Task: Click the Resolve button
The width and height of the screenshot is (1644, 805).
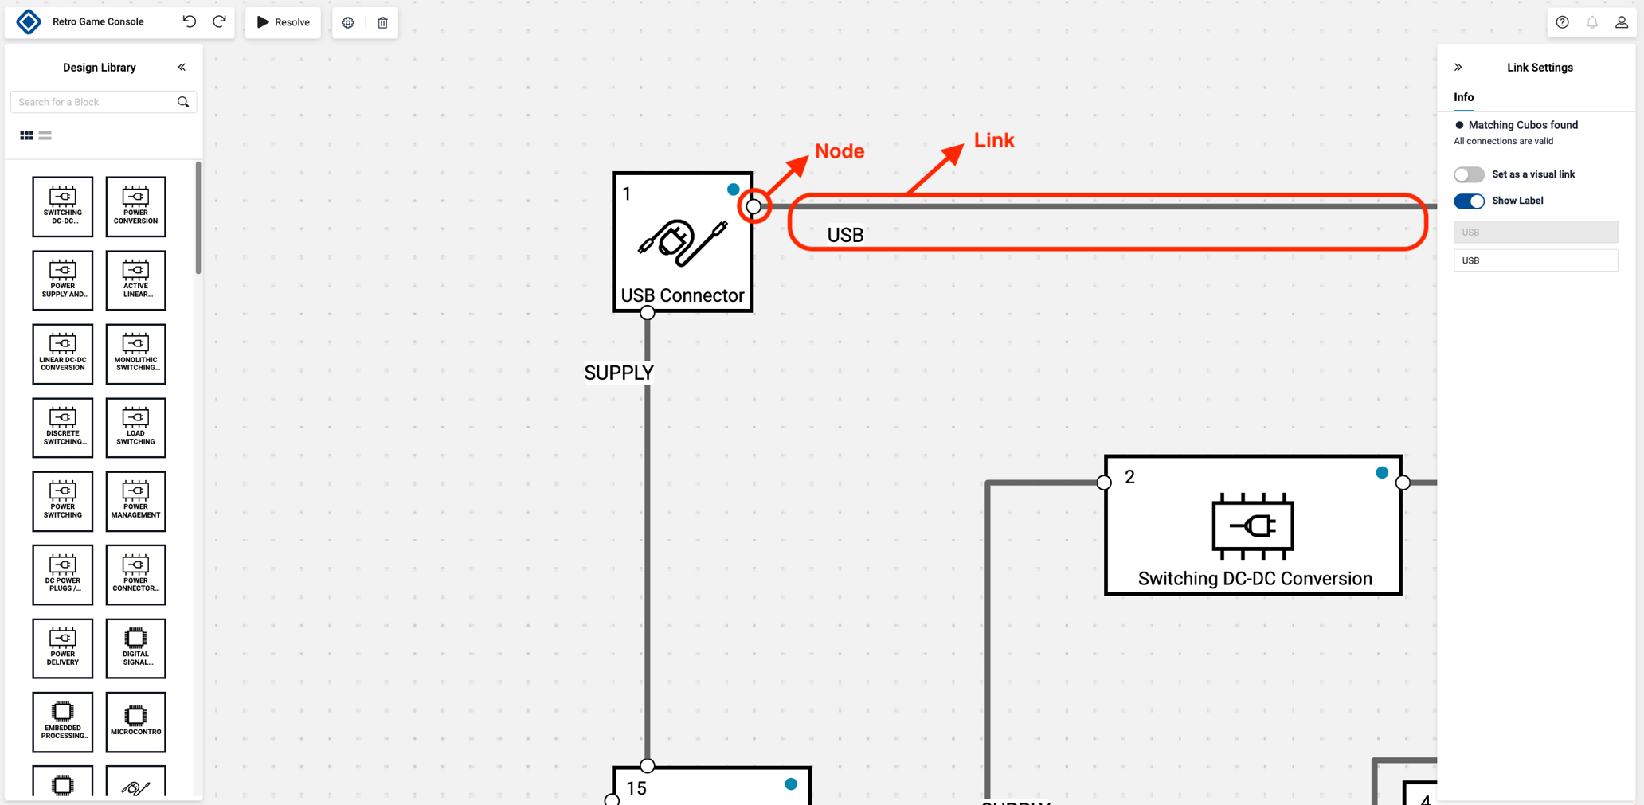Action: click(x=283, y=22)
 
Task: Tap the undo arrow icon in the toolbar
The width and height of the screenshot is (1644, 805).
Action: click(x=190, y=21)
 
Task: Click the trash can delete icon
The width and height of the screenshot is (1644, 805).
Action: click(x=382, y=22)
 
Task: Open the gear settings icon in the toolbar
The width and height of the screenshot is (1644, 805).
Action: click(x=348, y=22)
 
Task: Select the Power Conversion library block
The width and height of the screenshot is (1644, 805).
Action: click(x=135, y=207)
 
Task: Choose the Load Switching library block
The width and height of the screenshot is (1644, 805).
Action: click(x=135, y=428)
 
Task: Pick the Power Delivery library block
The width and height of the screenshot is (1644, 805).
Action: click(x=63, y=648)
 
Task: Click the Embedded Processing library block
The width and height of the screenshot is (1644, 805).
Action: click(x=63, y=722)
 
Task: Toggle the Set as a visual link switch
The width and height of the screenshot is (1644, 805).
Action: click(x=1469, y=174)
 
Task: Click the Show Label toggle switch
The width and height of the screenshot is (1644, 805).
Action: click(x=1469, y=201)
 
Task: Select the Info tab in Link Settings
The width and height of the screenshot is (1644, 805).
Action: click(x=1463, y=97)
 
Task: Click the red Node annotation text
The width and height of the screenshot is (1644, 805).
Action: click(x=839, y=151)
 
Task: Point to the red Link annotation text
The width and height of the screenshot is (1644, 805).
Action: click(x=993, y=140)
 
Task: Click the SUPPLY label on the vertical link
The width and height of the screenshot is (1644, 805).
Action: click(x=618, y=373)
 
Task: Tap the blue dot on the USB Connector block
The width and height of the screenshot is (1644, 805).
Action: click(x=733, y=190)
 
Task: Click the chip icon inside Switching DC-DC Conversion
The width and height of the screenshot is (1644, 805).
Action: click(x=1253, y=526)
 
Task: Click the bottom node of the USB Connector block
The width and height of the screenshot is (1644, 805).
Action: click(x=648, y=313)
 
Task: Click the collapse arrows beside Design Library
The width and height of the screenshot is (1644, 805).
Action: click(x=182, y=68)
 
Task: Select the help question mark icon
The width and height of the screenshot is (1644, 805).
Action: click(x=1562, y=22)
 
